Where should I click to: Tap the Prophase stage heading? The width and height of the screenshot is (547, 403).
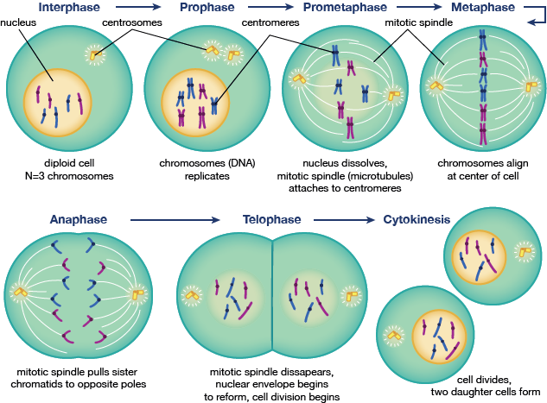[207, 8]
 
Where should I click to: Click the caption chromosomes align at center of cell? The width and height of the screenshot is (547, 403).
[479, 169]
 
